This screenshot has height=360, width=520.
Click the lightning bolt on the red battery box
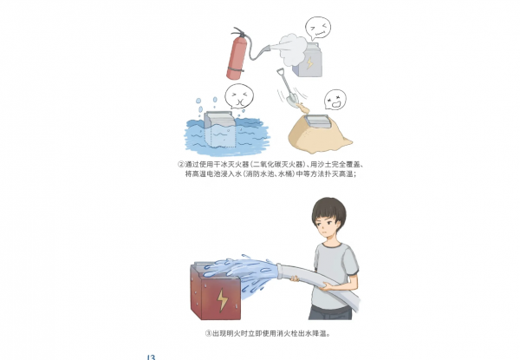coord(224,300)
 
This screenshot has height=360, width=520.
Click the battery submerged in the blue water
coord(227,131)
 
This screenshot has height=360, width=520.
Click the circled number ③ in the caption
coord(209,332)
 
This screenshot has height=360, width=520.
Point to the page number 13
coord(151,356)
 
